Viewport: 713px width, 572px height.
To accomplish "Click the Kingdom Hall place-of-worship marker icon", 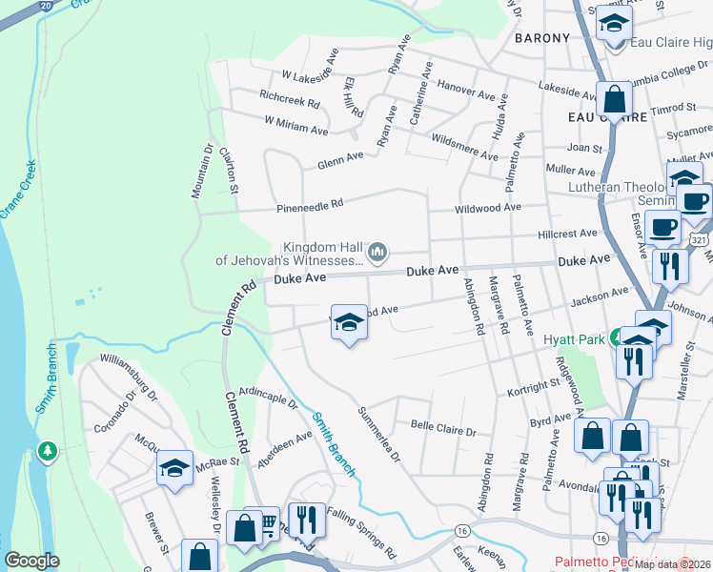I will click(x=377, y=251).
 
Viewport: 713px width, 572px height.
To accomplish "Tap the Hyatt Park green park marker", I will click(x=618, y=337).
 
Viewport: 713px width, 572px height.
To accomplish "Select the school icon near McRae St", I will click(x=174, y=467).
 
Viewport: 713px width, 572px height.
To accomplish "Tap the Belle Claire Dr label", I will click(x=442, y=428).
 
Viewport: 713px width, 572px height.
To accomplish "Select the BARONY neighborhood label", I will click(x=541, y=38).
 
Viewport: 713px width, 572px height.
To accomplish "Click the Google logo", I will click(x=31, y=561).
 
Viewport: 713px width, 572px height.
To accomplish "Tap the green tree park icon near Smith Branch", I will click(x=46, y=450).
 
